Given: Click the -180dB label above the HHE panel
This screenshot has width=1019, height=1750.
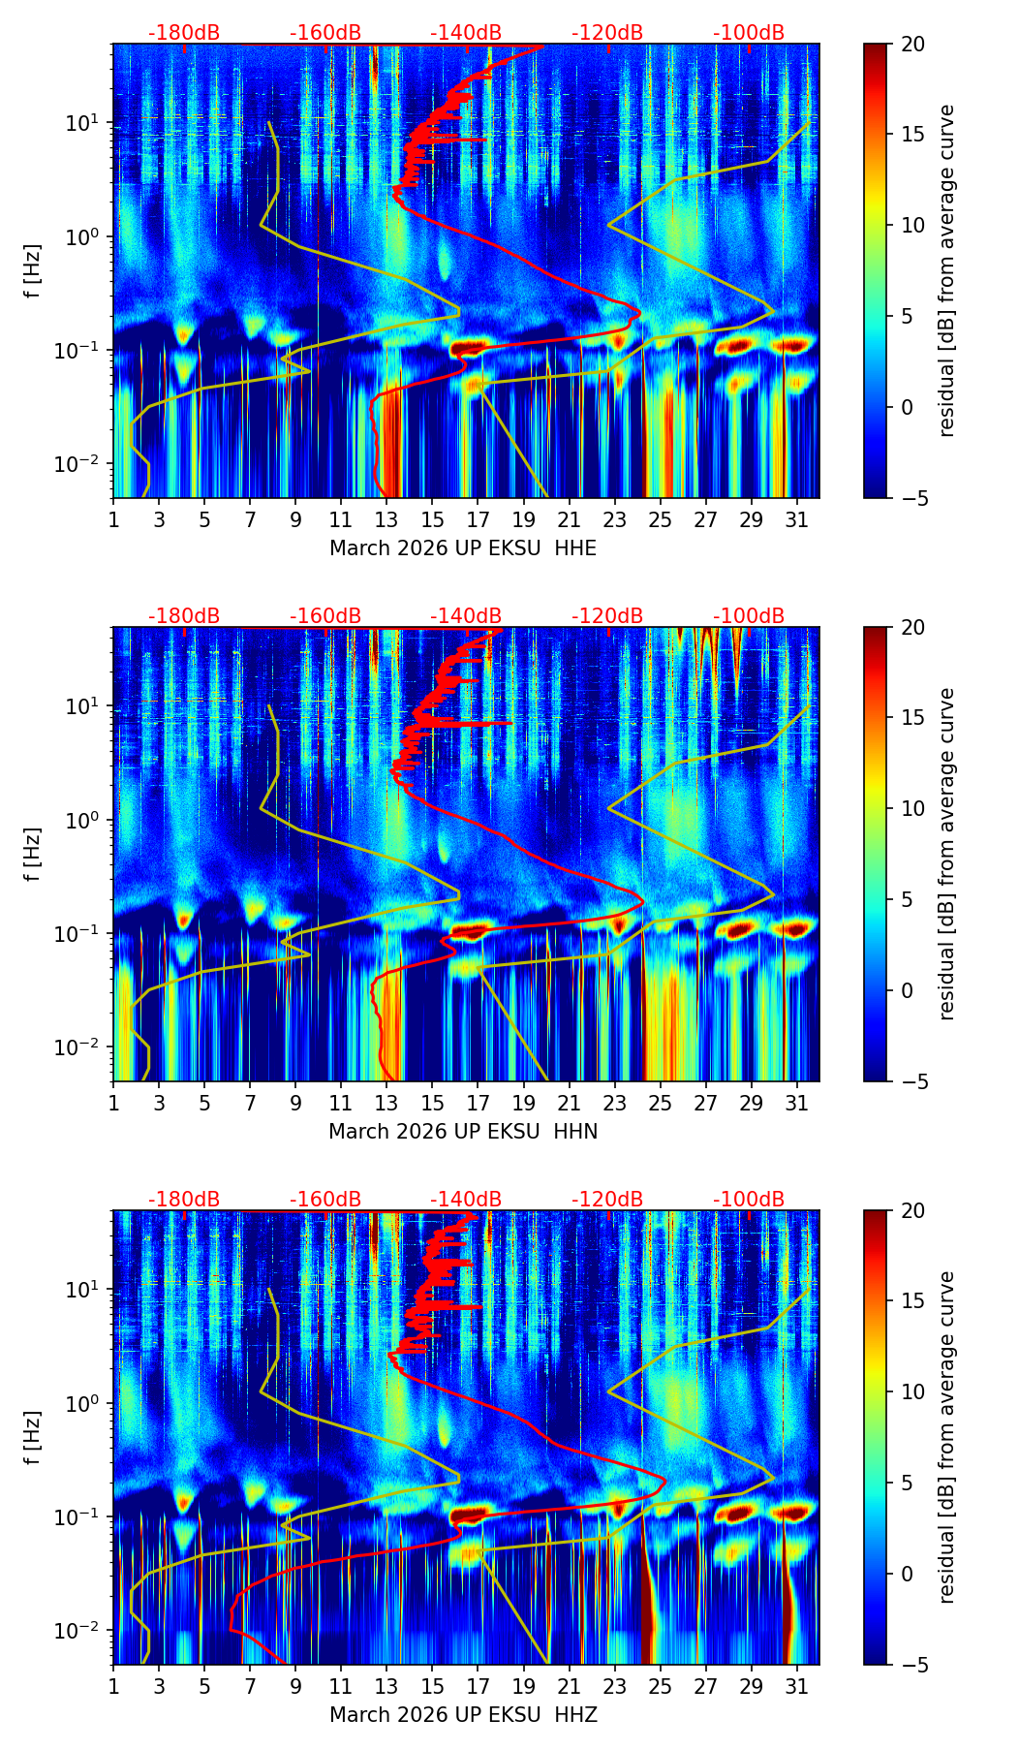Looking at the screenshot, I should click(184, 33).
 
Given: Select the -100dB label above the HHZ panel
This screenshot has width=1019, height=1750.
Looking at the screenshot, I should click(749, 1200).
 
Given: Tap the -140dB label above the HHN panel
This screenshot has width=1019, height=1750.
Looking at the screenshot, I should click(466, 616).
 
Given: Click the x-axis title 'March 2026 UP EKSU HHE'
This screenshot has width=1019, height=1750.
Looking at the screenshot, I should click(463, 548).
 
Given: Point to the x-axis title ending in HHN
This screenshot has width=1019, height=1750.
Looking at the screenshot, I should click(463, 1132).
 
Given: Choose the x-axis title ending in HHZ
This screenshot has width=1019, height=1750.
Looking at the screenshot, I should click(463, 1715).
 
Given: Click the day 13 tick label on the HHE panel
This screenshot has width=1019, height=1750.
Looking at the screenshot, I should click(386, 519).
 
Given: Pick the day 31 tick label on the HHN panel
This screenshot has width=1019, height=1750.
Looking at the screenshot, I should click(796, 1103).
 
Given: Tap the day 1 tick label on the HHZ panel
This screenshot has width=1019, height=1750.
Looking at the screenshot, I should click(113, 1686).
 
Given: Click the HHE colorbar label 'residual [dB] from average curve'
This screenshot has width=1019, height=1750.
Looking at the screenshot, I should click(946, 271).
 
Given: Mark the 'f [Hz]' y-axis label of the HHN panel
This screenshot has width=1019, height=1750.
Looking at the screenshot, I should click(33, 854).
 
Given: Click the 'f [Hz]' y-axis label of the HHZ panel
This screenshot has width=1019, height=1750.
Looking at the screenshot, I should click(33, 1437).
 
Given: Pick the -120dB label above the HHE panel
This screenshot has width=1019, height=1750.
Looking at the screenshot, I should click(607, 33).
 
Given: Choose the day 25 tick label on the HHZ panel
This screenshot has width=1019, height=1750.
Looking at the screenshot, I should click(660, 1686).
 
